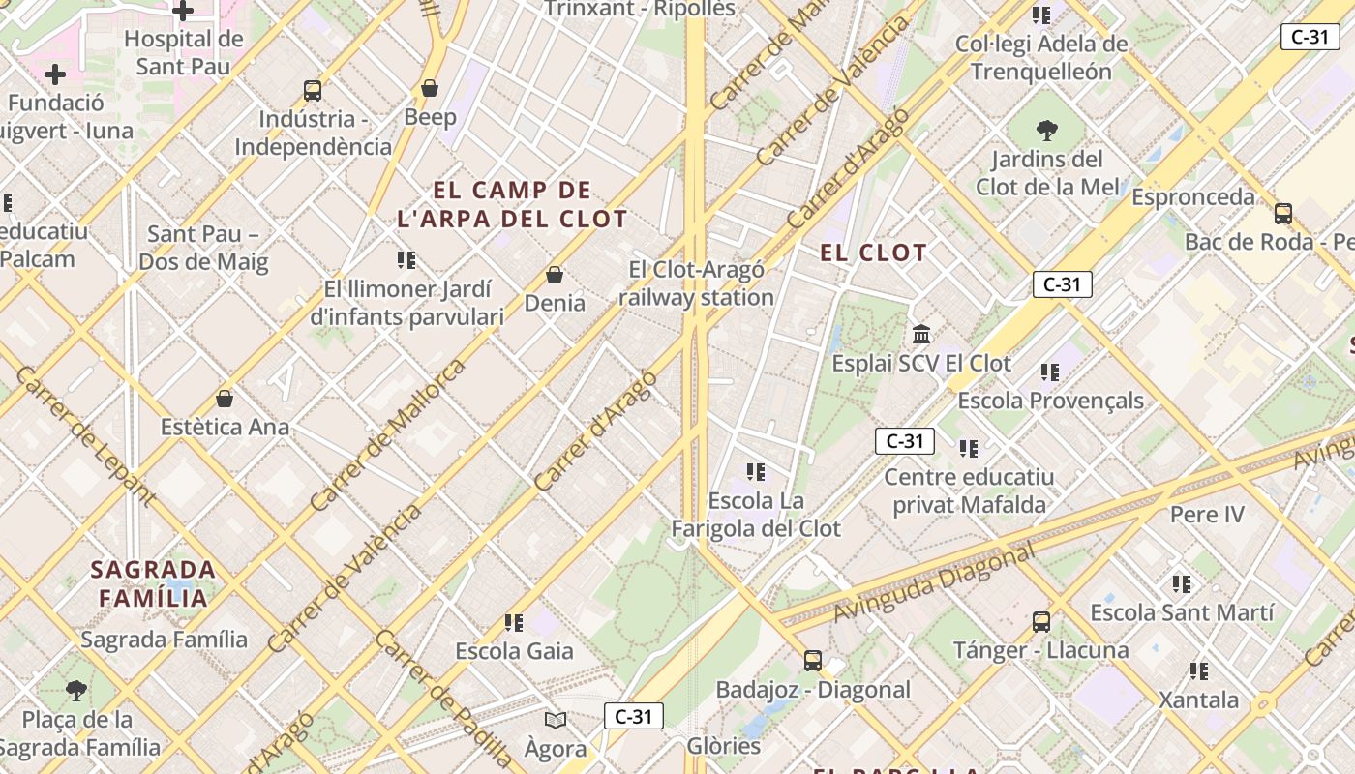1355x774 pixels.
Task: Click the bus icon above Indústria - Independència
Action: pyautogui.click(x=312, y=91)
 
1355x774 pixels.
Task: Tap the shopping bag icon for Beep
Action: pyautogui.click(x=430, y=89)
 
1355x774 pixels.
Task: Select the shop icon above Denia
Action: pyautogui.click(x=555, y=275)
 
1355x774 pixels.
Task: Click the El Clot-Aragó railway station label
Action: pyautogui.click(x=696, y=283)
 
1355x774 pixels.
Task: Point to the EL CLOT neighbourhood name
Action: pyautogui.click(x=874, y=253)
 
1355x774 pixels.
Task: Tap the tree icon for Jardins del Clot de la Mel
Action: pyautogui.click(x=1046, y=130)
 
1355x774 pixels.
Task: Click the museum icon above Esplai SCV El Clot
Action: pyautogui.click(x=921, y=335)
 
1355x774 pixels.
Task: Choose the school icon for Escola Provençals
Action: pyautogui.click(x=1050, y=372)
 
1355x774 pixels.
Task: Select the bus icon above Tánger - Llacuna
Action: pyautogui.click(x=1041, y=621)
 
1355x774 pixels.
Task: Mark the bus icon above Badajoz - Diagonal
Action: pyautogui.click(x=813, y=661)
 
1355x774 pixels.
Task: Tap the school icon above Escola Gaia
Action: pyautogui.click(x=514, y=622)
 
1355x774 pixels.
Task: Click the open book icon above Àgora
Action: pyautogui.click(x=556, y=720)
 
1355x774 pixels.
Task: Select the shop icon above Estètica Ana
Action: pyautogui.click(x=225, y=399)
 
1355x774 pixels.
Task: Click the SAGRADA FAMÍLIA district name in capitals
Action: pyautogui.click(x=153, y=583)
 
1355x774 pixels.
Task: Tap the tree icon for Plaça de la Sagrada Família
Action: pyautogui.click(x=76, y=691)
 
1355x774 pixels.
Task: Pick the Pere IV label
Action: pyautogui.click(x=1207, y=514)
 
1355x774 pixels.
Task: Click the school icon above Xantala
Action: pyautogui.click(x=1199, y=670)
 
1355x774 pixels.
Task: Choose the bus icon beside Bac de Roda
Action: pyautogui.click(x=1283, y=213)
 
